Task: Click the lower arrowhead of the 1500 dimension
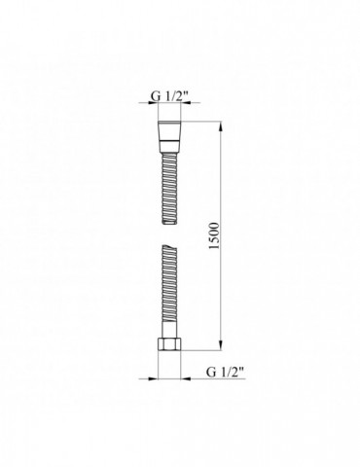pyautogui.click(x=225, y=353)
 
